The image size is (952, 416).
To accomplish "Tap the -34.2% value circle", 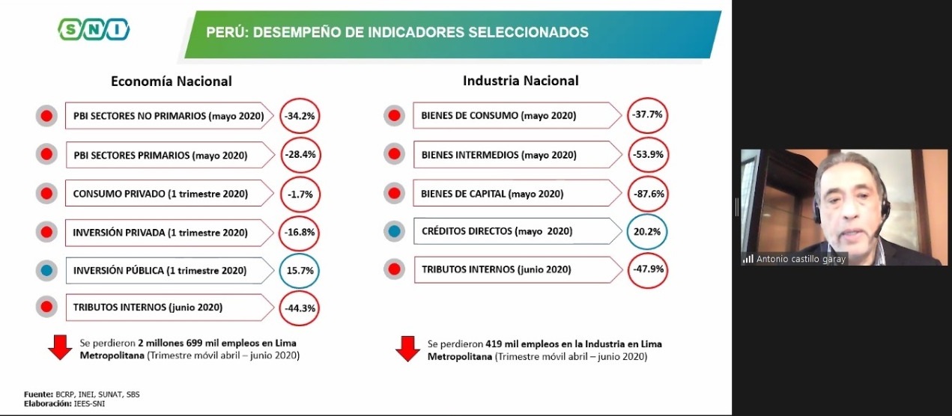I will point(300,116).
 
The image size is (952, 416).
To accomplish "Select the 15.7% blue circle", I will point(300,270).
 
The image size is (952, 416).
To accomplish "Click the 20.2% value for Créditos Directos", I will point(647,231).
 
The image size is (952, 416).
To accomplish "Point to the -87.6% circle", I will point(647,193).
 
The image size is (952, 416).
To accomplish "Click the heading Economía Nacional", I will point(172,81).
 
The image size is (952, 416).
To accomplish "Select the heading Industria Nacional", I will point(521,81).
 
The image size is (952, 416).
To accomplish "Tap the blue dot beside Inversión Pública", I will point(46,270).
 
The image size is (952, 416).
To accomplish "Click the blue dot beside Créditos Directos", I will point(394,231).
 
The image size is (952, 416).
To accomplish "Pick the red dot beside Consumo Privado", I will point(46,193).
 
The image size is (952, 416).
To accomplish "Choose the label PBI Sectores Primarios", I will point(160,155).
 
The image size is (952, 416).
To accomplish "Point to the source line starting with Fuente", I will point(82,394).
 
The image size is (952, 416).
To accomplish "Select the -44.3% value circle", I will point(300,308).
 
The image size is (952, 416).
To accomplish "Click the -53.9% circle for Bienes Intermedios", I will point(647,154).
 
